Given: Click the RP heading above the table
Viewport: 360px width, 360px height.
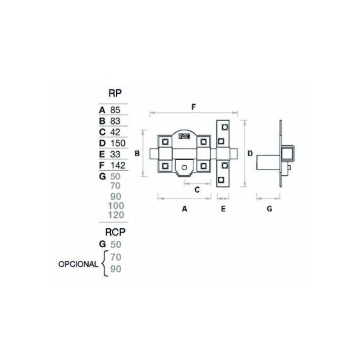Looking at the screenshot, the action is [x=115, y=93].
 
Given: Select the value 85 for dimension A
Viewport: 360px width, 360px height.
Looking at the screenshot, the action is [x=115, y=110].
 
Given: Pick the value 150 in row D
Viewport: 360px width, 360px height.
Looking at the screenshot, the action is [x=118, y=143].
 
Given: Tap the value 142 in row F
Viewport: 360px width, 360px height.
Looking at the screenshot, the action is [x=118, y=166].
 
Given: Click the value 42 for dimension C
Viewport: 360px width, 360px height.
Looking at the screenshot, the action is [x=115, y=132].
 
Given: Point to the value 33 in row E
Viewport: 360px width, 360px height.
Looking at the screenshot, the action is [x=115, y=154].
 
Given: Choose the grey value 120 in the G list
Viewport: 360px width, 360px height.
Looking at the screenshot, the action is [x=116, y=215].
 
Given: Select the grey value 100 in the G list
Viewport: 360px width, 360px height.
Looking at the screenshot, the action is [x=116, y=206].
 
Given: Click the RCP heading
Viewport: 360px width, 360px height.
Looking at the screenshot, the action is [x=115, y=232].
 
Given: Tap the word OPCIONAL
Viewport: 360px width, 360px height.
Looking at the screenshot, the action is [x=78, y=264].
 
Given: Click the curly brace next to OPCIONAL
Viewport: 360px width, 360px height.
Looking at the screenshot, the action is [x=104, y=264].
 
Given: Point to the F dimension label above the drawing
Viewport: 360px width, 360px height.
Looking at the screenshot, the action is [x=193, y=107].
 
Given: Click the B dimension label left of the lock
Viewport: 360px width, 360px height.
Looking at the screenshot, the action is [x=137, y=153].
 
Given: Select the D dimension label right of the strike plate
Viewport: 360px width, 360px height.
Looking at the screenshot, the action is [x=250, y=153].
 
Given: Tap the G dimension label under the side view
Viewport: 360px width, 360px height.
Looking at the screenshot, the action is [x=270, y=209].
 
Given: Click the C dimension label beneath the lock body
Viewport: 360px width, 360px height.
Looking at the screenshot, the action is [x=197, y=190].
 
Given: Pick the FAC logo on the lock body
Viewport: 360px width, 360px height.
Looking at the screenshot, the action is [x=184, y=137].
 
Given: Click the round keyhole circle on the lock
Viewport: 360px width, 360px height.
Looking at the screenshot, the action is [x=184, y=167].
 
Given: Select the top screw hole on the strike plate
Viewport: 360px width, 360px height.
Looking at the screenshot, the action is [x=225, y=127].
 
